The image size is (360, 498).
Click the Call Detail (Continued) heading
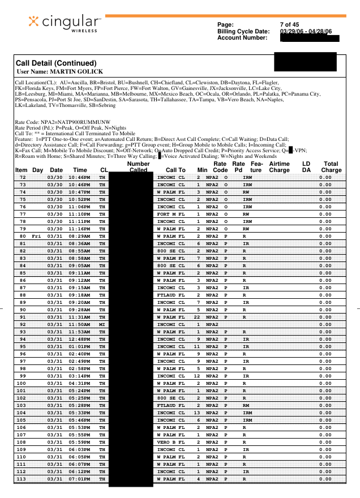click(x=57, y=63)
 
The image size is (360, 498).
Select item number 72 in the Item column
click(x=23, y=177)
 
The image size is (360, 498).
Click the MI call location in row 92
click(x=102, y=325)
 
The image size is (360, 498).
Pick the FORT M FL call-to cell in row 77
click(x=171, y=214)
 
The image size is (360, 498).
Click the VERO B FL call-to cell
click(x=171, y=442)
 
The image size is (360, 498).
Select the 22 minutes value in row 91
click(x=198, y=317)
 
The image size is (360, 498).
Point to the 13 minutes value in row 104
click(x=198, y=414)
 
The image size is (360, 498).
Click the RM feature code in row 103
click(x=246, y=406)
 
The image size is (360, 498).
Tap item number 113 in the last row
click(x=22, y=479)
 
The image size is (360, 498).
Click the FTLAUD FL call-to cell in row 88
click(x=171, y=295)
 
